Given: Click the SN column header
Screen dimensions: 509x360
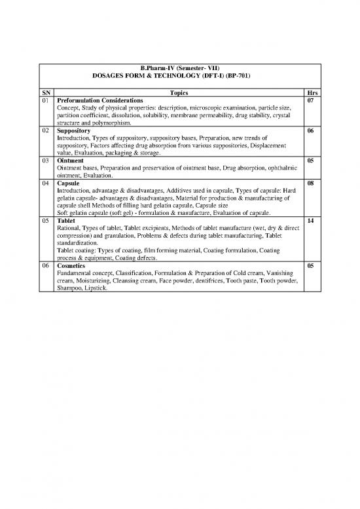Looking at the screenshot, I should click(46, 93).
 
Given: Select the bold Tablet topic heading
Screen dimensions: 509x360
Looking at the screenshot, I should click(67, 221).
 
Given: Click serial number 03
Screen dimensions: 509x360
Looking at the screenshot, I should click(46, 160).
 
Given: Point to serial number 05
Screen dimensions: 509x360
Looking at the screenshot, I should click(46, 221).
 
